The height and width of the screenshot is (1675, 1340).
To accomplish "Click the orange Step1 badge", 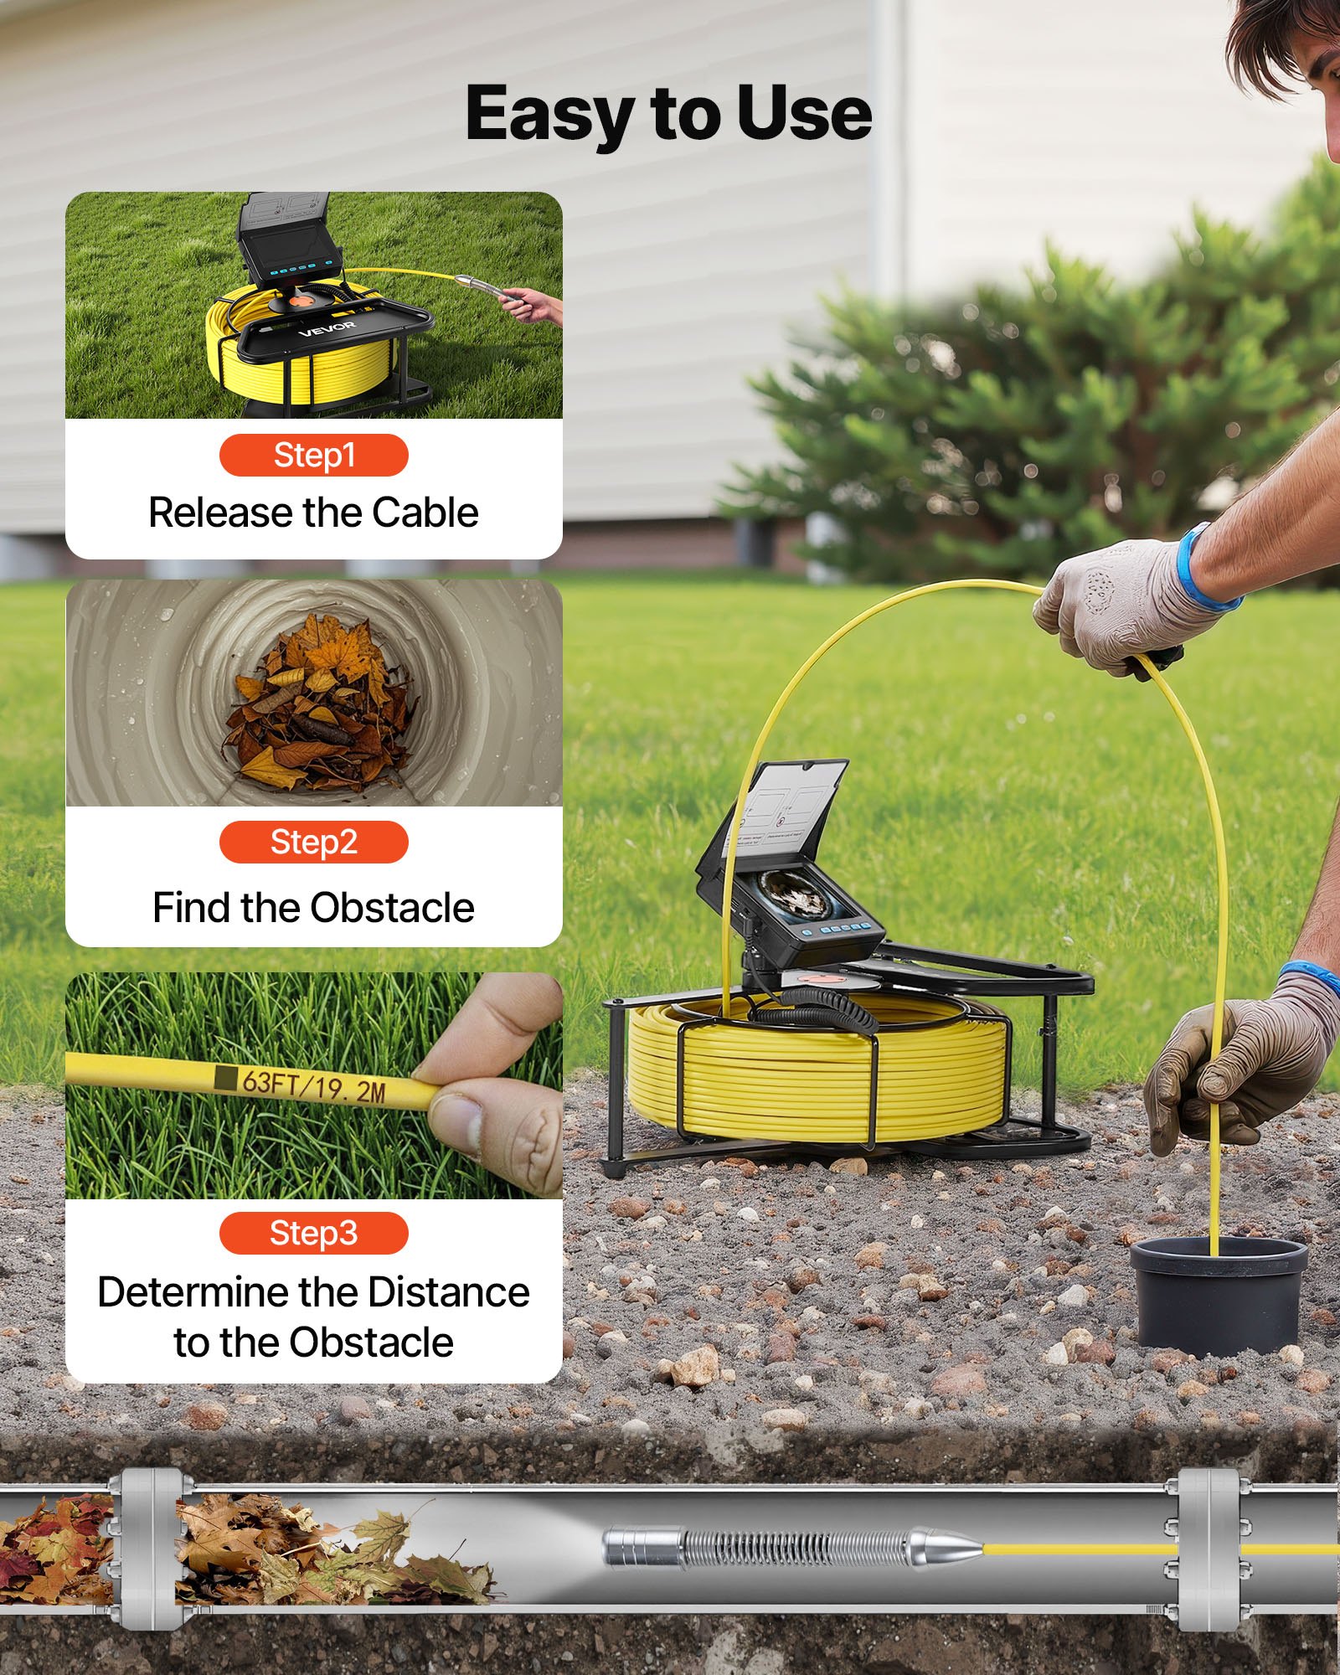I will click(313, 456).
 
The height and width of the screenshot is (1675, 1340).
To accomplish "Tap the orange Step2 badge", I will click(313, 843).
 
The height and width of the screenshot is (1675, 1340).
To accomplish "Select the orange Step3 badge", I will click(313, 1233).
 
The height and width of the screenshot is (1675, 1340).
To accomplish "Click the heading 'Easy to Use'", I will click(668, 114).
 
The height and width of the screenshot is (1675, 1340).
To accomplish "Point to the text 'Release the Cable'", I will click(313, 513).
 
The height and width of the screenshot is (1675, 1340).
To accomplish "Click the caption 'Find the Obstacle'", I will click(313, 908).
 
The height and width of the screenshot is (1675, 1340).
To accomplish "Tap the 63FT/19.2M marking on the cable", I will click(313, 1086).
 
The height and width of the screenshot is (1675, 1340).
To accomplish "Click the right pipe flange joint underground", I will click(1207, 1549).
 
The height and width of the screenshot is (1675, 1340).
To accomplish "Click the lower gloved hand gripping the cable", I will click(1239, 1064).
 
